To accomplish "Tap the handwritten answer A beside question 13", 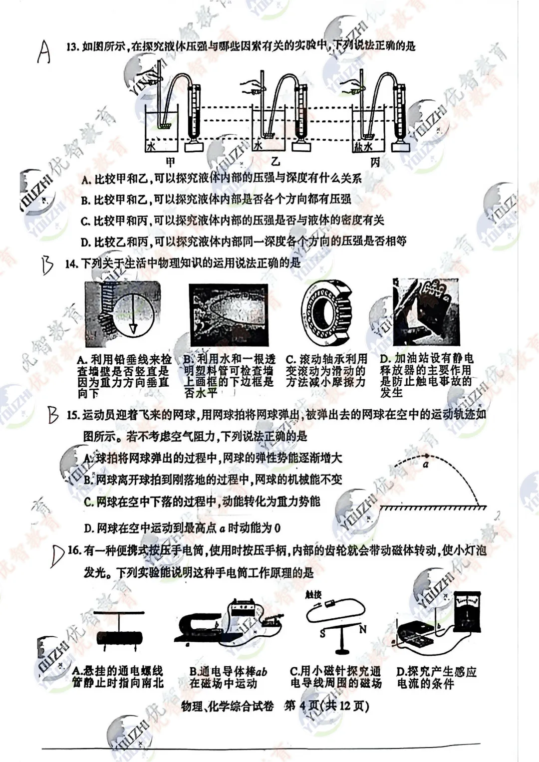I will [44, 51].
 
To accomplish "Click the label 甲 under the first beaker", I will [171, 162].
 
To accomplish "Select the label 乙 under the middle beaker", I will [275, 161].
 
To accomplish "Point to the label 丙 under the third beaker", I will [375, 162].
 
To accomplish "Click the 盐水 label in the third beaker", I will [363, 146].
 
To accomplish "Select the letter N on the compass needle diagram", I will [363, 629].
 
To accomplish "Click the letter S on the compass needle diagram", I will [323, 633].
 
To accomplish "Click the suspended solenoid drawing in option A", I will [119, 637].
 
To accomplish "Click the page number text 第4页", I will [301, 706].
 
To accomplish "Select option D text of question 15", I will [182, 527].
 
